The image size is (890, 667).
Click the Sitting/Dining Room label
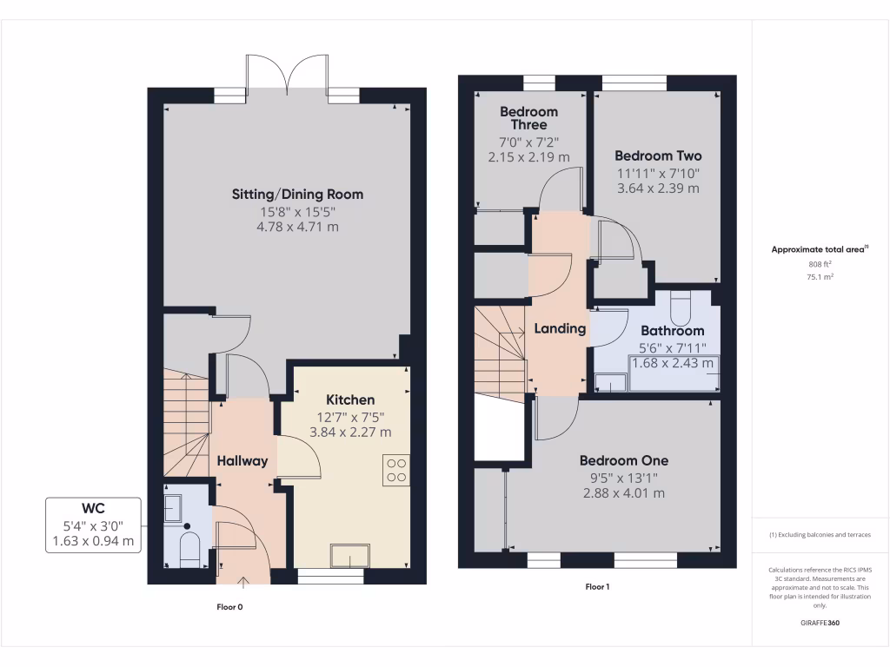297,194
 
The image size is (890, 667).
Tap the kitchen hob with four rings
396,470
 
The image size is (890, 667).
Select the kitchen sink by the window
350,555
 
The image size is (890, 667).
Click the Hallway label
242,461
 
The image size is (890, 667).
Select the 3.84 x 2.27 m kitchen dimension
350,432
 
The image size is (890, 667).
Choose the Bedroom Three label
528,118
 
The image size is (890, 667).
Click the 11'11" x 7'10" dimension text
657,172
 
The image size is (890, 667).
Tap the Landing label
559,328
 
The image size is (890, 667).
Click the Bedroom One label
623,460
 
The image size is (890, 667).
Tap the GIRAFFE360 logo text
820,623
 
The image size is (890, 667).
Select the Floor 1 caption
597,587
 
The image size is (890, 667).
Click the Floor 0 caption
229,607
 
